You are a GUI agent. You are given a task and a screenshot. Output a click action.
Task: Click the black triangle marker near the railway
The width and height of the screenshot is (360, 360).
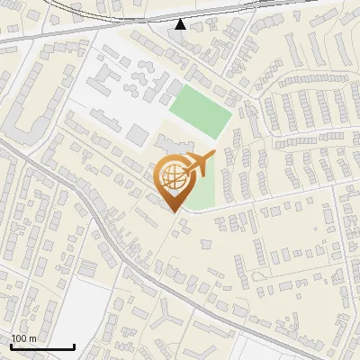181,23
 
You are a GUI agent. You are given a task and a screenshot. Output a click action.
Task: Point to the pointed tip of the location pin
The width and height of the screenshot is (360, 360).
174,212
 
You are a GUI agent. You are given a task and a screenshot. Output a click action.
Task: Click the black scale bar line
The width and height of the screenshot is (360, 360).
40,346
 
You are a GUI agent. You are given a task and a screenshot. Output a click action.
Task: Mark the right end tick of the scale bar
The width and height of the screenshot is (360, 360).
74,345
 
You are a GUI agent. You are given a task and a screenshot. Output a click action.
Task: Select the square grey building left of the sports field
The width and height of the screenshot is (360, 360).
137,135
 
